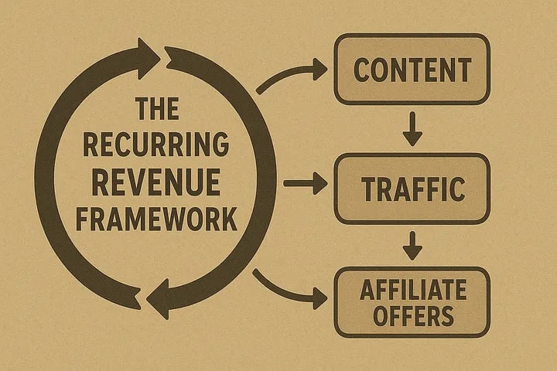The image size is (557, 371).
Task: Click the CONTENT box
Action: [x=412, y=70]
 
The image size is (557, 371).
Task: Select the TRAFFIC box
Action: [x=412, y=188]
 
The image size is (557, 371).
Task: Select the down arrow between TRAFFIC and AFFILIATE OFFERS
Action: [x=412, y=247]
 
